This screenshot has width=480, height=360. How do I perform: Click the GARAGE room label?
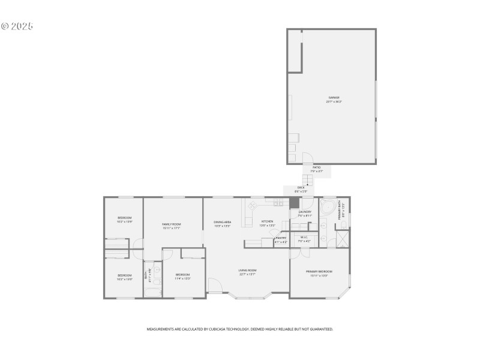coord(334,97)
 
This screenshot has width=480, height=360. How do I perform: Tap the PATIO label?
coord(316,167)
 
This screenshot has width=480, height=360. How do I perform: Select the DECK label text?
coord(301,188)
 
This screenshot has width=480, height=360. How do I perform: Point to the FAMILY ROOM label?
coord(172,224)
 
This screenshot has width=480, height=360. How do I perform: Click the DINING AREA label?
coord(223,222)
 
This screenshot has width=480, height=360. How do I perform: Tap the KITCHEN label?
coord(267,221)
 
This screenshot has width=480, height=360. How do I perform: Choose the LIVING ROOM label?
coord(247,271)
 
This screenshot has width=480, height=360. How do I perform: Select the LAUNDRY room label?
coord(305,212)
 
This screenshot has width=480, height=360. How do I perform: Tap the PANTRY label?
coord(281,238)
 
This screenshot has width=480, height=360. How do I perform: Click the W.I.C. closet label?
coord(303,237)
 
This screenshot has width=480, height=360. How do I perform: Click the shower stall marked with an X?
coord(341,239)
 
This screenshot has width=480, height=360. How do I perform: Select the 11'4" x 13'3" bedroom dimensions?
coord(182,278)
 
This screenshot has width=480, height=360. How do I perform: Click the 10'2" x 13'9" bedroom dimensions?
coord(124,221)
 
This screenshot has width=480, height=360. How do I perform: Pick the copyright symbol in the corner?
coord(5,26)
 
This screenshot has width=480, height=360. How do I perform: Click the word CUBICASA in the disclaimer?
coord(235,329)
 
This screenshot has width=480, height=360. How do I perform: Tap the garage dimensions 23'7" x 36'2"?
coord(334,101)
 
